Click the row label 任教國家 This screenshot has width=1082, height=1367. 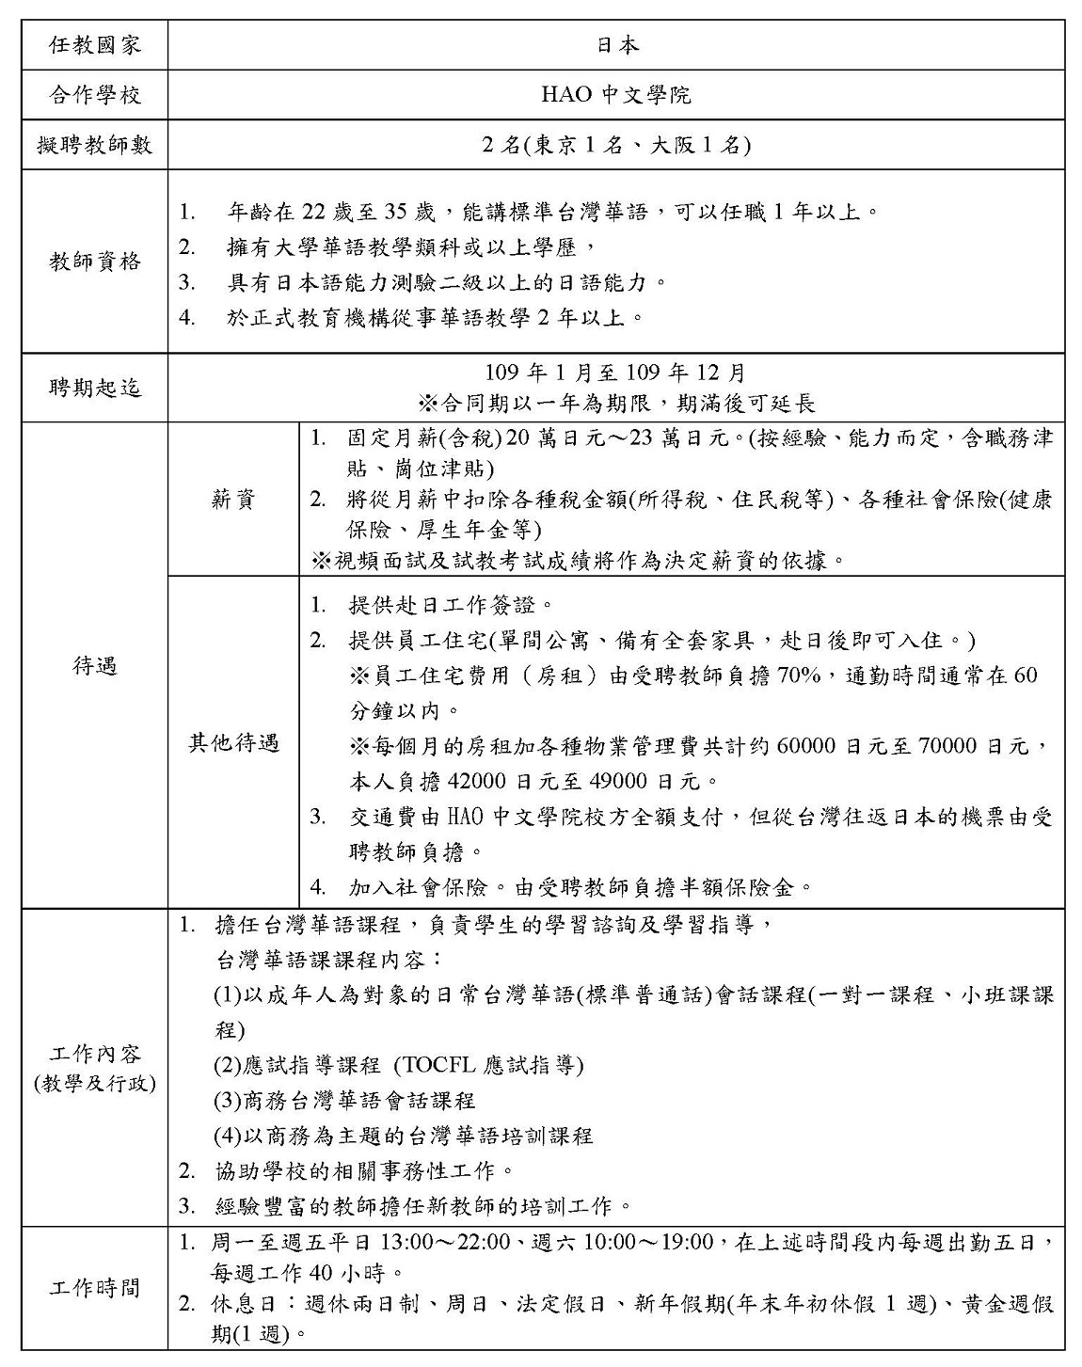coord(94,44)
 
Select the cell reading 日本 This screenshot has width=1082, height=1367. coord(617,44)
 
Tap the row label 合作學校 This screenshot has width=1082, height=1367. coord(94,94)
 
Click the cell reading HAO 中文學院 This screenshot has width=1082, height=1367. coord(616,94)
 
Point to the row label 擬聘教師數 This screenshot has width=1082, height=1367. coord(94,145)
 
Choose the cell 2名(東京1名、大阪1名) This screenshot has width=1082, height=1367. coord(616,145)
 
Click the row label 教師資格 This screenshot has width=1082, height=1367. coord(94,262)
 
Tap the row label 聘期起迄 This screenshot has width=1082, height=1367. coord(94,387)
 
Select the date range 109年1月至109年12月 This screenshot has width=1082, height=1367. coord(616,373)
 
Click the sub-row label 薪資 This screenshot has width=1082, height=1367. coord(232,500)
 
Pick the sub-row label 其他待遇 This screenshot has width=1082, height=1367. coord(232,743)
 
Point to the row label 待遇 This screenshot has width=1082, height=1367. coord(94,666)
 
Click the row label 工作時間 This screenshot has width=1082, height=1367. coord(94,1287)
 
